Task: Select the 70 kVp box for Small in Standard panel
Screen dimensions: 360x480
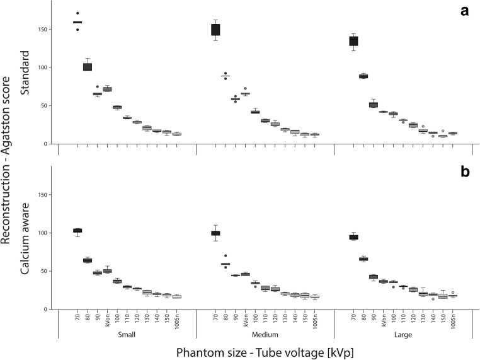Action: pyautogui.click(x=77, y=22)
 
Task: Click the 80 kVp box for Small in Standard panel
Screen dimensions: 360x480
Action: pyautogui.click(x=88, y=67)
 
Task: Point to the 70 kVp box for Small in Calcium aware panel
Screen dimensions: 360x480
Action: pyautogui.click(x=77, y=231)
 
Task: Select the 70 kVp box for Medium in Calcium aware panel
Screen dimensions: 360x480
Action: pyautogui.click(x=215, y=233)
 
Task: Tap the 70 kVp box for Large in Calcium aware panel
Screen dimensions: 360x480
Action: pyautogui.click(x=353, y=237)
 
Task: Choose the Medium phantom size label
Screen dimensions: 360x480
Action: pyautogui.click(x=265, y=335)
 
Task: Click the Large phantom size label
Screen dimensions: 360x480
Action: pyautogui.click(x=403, y=335)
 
